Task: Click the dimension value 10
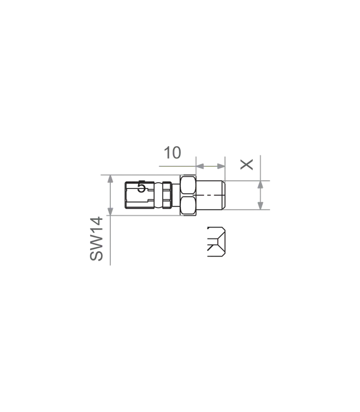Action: [x=173, y=152]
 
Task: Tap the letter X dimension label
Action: [x=247, y=164]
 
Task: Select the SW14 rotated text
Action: [x=96, y=238]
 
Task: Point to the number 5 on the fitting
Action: [x=141, y=187]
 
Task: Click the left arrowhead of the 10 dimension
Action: [x=200, y=166]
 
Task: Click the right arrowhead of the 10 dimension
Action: [x=221, y=166]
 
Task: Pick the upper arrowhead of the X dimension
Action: [x=261, y=185]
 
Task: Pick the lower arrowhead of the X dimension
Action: [x=261, y=205]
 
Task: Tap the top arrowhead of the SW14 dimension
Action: [x=110, y=179]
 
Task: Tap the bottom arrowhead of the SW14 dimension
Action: [x=110, y=211]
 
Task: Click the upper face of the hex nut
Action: [x=188, y=186]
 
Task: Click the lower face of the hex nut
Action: [x=188, y=205]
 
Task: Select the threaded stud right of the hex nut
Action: [x=211, y=195]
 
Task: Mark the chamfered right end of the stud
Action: [x=224, y=195]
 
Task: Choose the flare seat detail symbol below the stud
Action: [x=216, y=242]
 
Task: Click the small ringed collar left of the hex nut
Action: [x=167, y=195]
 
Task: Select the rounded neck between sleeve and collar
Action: [x=158, y=195]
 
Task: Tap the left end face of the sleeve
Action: [x=126, y=195]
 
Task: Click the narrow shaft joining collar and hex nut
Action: [x=176, y=195]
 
